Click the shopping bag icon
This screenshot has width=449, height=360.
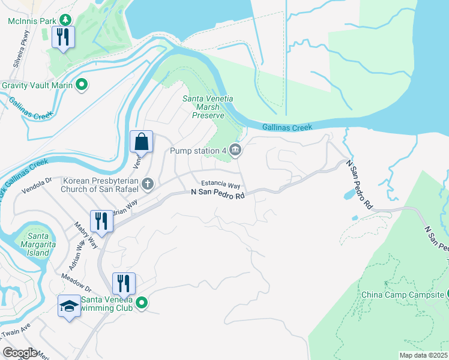(141, 142)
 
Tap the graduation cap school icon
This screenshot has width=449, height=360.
(69, 306)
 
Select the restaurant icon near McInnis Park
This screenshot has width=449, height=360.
(62, 37)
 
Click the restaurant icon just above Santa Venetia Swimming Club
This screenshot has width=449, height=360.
(124, 283)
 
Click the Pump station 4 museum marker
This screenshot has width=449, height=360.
(235, 151)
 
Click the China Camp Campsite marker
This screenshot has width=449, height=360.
(442, 294)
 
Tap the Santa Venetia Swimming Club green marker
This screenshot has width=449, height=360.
(142, 303)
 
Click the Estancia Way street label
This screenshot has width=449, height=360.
(220, 186)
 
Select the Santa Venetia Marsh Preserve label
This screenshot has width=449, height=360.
(203, 107)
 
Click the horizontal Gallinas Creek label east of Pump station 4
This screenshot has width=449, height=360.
(288, 127)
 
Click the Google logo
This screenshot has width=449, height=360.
(20, 353)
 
